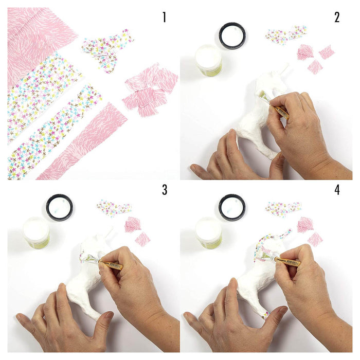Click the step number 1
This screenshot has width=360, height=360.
coord(164,17)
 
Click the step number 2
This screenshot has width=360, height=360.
coord(337,17)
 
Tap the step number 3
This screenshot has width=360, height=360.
coord(165,190)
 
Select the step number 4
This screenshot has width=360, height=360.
coord(337,190)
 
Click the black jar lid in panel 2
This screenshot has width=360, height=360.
coord(232,36)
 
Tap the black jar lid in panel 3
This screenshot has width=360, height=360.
coord(60,208)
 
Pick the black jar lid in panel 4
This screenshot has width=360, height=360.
coord(232,208)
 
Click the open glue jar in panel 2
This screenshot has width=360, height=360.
coord(208,60)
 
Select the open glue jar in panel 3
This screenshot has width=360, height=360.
coord(37,232)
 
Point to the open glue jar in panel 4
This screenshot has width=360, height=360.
coord(208,232)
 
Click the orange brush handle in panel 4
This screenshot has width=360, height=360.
coord(288,261)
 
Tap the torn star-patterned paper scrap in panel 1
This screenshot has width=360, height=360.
coord(107,49)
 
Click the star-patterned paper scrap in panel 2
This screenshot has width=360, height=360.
coord(286,34)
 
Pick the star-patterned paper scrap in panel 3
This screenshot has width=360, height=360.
coord(114,208)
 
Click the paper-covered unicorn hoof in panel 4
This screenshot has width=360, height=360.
coord(266,315)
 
